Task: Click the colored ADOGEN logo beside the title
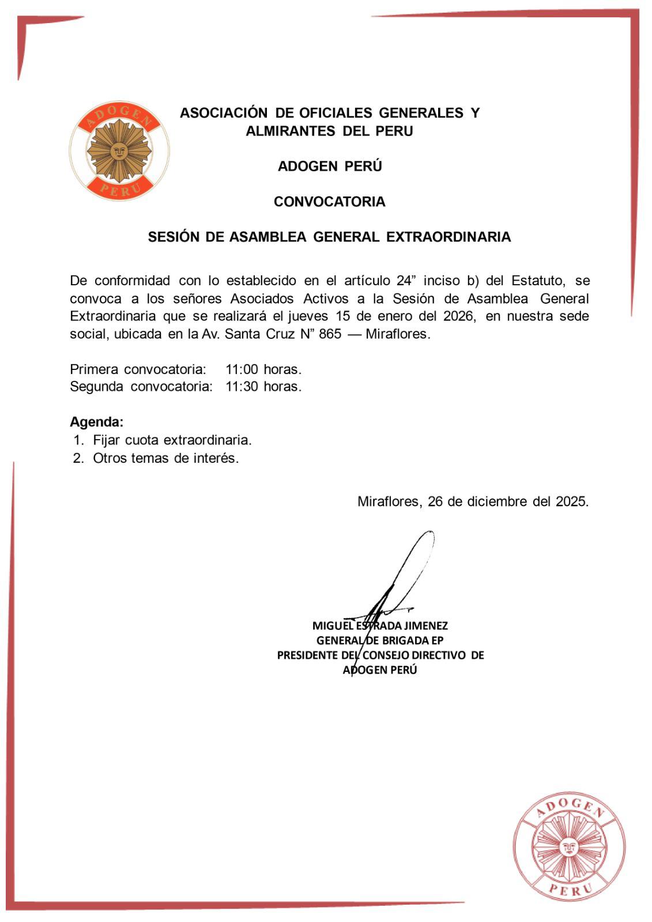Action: point(120,151)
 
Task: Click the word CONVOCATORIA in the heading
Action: point(329,202)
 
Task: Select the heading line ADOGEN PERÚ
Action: point(329,167)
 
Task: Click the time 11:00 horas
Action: point(263,369)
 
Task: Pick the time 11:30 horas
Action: point(263,386)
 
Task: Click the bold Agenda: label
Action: point(96,421)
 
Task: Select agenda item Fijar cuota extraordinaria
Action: point(172,440)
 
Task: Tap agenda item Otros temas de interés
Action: point(165,459)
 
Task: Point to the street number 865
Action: point(330,334)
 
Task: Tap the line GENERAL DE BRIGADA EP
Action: point(380,640)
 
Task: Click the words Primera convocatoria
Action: point(138,369)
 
